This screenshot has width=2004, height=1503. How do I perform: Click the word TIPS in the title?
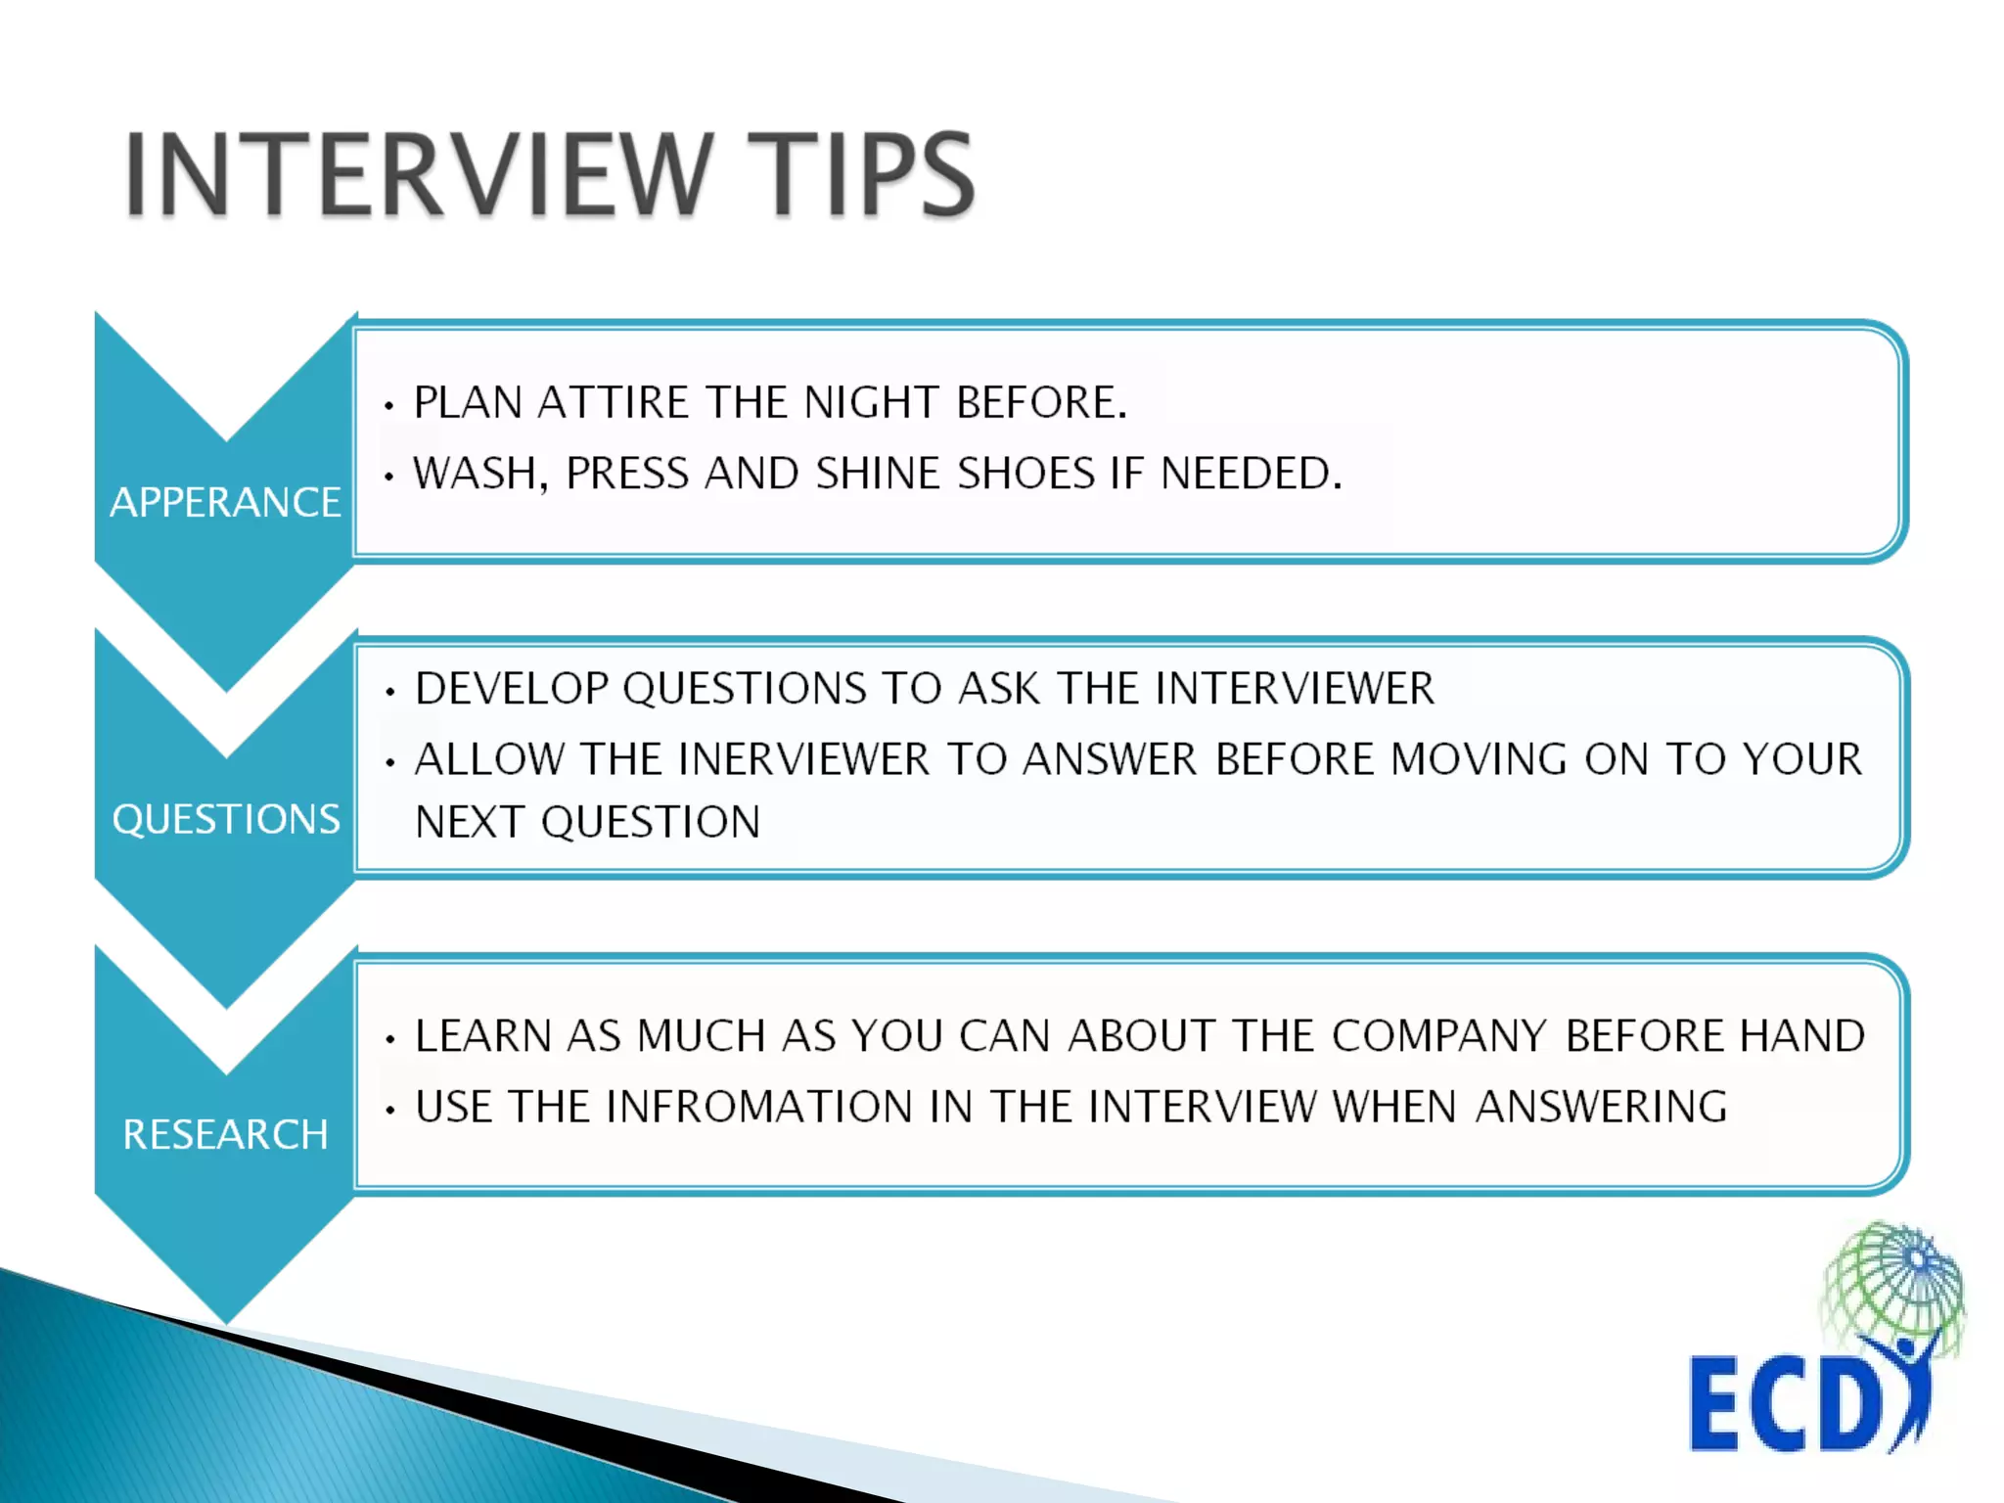(861, 174)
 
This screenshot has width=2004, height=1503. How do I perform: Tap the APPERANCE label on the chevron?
(226, 502)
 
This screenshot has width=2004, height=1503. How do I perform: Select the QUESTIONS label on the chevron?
(226, 819)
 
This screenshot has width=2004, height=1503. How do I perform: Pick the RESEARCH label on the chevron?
(226, 1134)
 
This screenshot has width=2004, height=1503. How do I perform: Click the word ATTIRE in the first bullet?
(614, 402)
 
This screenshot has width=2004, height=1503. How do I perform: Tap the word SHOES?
(1025, 474)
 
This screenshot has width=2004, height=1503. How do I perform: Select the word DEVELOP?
(512, 688)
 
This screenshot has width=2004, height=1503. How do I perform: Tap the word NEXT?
(471, 822)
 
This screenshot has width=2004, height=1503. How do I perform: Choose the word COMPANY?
(1438, 1035)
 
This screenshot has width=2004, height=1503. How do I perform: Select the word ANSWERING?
(1601, 1107)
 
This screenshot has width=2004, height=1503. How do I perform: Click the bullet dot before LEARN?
(389, 1039)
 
